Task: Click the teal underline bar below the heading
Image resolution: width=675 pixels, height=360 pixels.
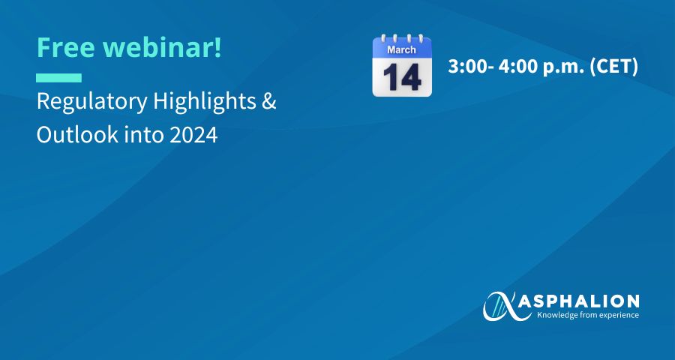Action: (x=59, y=78)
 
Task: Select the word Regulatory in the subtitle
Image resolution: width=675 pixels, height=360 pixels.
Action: (x=92, y=103)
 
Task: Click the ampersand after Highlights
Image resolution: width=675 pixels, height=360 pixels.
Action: (x=269, y=102)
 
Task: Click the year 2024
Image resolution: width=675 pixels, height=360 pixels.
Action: (x=193, y=135)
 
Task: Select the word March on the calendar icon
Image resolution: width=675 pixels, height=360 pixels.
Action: (x=402, y=49)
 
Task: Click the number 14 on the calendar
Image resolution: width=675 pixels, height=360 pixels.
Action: (x=402, y=77)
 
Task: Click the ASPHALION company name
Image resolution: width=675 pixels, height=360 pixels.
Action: (x=579, y=301)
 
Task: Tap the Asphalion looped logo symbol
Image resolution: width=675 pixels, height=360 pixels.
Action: (x=501, y=307)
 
